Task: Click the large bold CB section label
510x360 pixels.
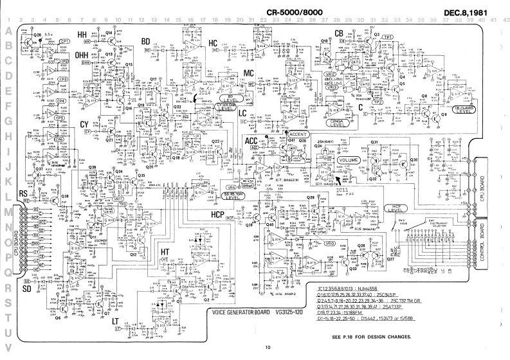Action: click(339, 33)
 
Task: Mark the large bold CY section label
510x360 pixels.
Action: click(84, 124)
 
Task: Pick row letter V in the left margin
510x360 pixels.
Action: click(8, 348)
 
